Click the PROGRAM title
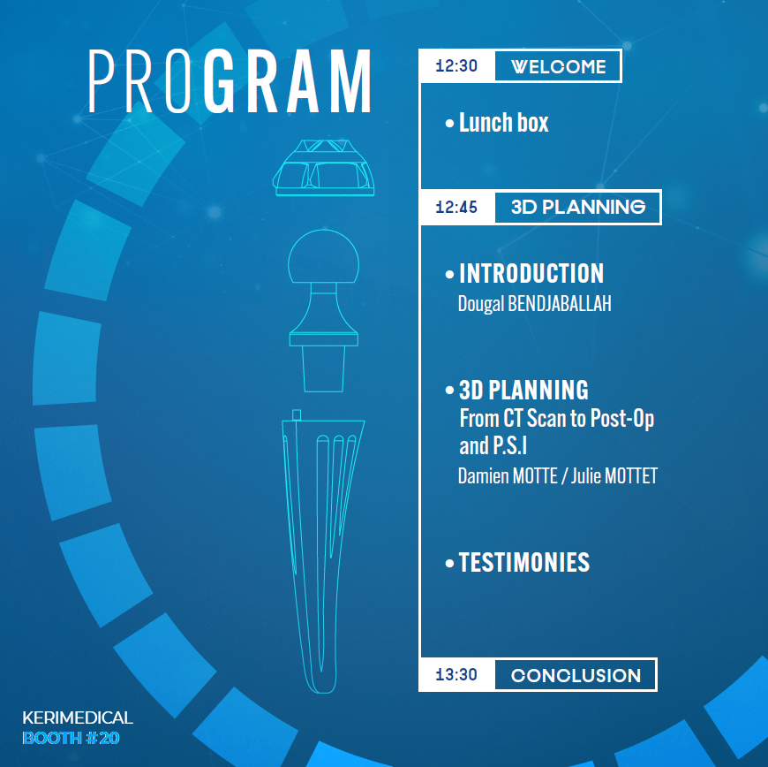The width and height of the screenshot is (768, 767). [230, 81]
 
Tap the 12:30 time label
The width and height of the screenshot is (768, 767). [456, 65]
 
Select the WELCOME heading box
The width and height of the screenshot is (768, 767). [558, 66]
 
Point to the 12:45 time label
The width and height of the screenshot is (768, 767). [456, 207]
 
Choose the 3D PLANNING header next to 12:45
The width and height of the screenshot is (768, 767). [578, 207]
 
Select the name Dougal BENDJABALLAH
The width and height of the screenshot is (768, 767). [534, 304]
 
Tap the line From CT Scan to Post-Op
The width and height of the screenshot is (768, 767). [557, 419]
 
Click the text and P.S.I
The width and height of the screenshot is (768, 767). [493, 445]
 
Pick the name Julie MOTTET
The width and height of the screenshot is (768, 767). [614, 475]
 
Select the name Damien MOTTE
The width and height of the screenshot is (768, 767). [508, 475]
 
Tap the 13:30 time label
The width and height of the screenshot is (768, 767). [456, 675]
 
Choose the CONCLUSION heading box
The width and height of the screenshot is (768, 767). [576, 675]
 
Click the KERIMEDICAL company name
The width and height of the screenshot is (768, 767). [78, 718]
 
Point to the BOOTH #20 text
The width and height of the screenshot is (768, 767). [71, 738]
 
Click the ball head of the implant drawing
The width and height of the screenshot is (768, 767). [323, 257]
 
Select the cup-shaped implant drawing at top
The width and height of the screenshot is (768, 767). [324, 168]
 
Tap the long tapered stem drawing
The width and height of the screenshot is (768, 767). [323, 551]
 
